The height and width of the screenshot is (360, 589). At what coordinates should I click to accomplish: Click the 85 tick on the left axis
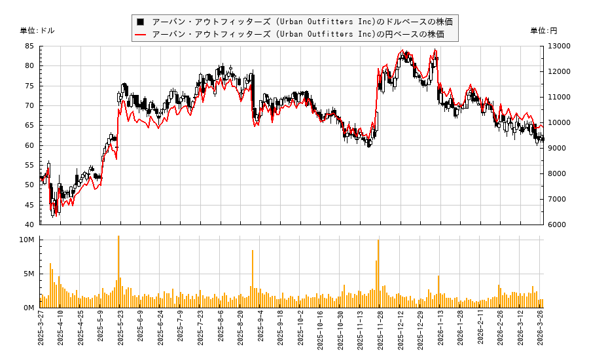pos(30,46)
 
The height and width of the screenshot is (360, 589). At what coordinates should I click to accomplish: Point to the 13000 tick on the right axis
pos(555,46)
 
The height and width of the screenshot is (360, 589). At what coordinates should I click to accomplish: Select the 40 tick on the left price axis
pos(30,225)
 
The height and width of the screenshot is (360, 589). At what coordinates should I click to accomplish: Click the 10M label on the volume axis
pos(27,240)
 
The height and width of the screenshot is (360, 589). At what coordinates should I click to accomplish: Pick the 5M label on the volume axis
pos(29,274)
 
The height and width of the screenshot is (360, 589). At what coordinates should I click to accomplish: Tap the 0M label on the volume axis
pos(29,308)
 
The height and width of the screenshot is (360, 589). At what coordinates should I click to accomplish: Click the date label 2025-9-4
pos(260,333)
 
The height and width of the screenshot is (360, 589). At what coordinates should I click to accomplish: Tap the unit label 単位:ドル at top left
pos(37,31)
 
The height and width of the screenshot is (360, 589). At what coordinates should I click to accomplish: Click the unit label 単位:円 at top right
pos(543,31)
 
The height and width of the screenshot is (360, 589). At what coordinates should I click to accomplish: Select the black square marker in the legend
pos(140,22)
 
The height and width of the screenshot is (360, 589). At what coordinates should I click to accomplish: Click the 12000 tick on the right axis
pos(555,72)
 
